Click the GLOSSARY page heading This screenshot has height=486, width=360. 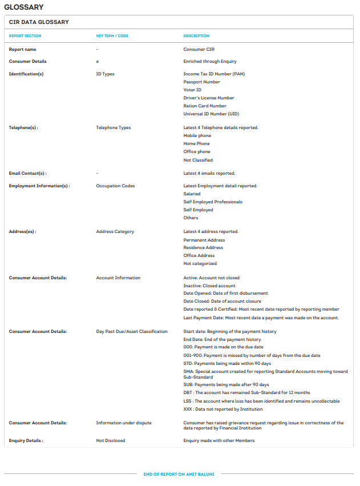click(23, 7)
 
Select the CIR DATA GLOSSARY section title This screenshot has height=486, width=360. click(39, 22)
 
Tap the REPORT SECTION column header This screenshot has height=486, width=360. click(25, 36)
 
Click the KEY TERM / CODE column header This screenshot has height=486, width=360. click(112, 36)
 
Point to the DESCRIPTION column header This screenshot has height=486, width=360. click(196, 36)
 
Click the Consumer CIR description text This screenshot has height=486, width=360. click(199, 50)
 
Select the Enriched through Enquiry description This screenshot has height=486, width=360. click(210, 61)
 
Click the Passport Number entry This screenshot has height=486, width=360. click(201, 82)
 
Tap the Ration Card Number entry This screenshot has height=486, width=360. click(205, 106)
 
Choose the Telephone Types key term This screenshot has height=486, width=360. click(114, 127)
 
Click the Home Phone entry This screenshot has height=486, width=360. click(197, 143)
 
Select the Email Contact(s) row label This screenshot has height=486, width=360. click(28, 173)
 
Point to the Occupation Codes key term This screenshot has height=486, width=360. click(116, 186)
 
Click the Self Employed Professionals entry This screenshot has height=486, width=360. click(213, 202)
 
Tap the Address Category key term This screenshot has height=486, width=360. click(115, 231)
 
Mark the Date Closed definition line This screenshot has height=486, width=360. click(222, 301)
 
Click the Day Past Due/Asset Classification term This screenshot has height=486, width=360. click(132, 331)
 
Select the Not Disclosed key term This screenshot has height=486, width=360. click(111, 440)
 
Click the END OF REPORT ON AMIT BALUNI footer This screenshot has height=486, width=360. click(179, 474)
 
